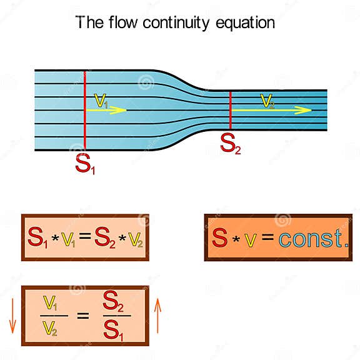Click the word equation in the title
(x=244, y=24)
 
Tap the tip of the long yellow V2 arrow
(x=310, y=110)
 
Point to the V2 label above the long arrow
(x=267, y=101)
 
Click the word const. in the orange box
(x=313, y=237)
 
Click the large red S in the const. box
(x=219, y=237)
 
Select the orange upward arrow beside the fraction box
(x=157, y=316)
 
